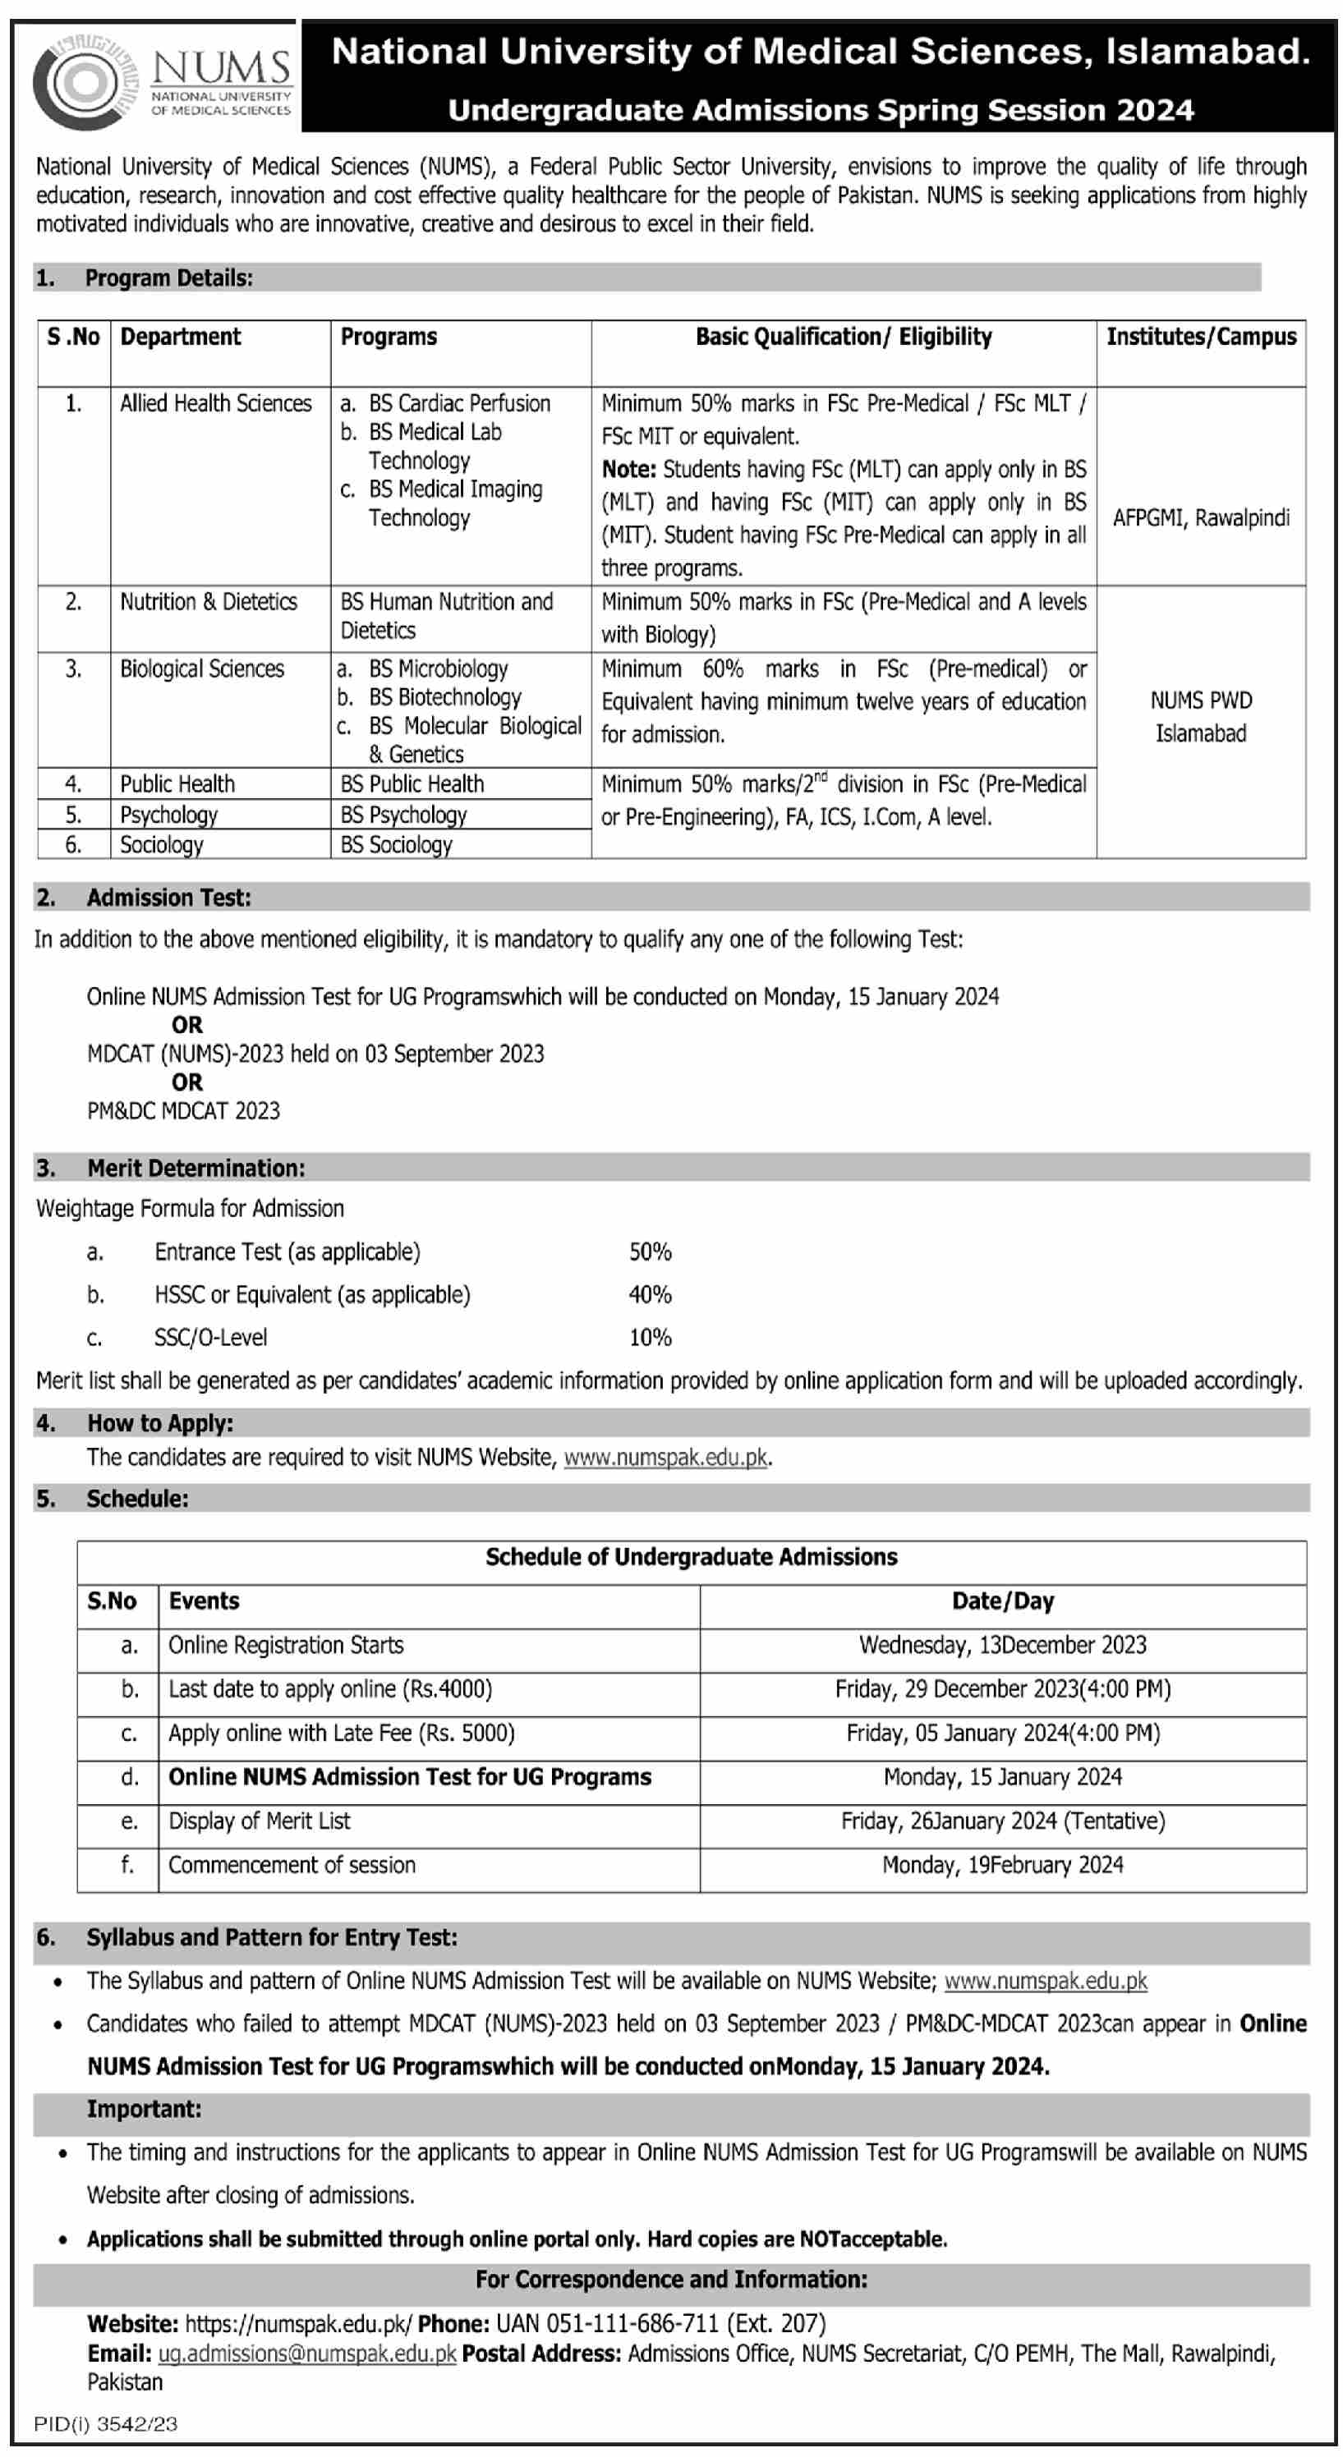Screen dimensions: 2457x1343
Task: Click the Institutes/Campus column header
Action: pos(1201,337)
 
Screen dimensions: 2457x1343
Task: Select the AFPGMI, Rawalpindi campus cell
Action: pos(1201,518)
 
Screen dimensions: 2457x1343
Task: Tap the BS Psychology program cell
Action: pos(403,815)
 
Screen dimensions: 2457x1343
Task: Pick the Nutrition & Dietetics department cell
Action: pos(208,602)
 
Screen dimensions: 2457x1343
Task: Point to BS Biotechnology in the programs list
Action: pos(444,697)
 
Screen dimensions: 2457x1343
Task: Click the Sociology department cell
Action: pos(161,845)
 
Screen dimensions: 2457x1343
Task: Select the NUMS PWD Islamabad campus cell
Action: pos(1201,716)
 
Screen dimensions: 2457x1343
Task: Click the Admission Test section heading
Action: pos(169,898)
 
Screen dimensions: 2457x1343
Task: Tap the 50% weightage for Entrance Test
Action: pos(650,1251)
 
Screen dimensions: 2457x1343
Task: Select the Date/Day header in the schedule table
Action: pos(1002,1601)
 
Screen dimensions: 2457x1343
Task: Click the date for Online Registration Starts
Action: pos(1002,1646)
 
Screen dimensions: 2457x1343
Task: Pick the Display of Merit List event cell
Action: pos(260,1821)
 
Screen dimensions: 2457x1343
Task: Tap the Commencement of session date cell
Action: pos(1002,1865)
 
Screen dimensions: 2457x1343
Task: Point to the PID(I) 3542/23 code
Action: pos(105,2423)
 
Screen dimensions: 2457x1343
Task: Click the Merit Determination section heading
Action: pos(195,1169)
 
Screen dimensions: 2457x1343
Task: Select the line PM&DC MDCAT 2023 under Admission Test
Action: pos(183,1111)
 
